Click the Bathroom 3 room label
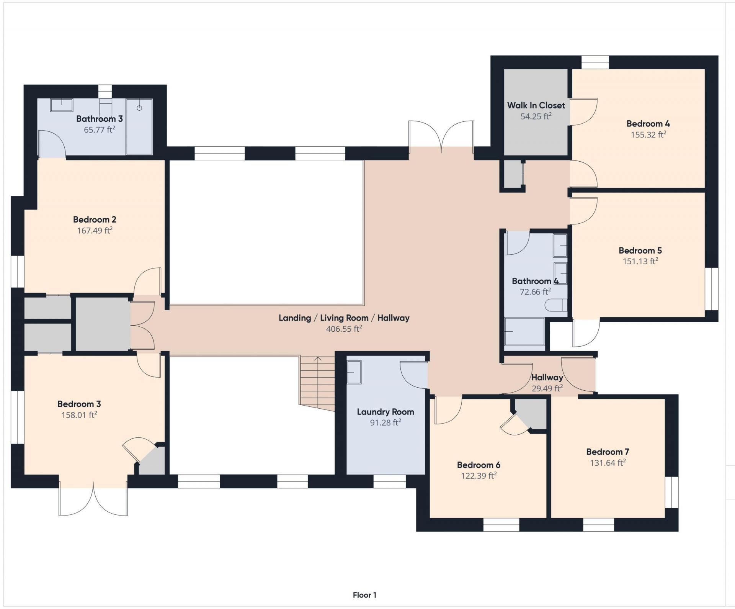99,119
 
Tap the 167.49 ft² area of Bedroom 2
95,231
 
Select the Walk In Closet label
536,105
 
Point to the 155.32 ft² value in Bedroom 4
648,135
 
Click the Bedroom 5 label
640,250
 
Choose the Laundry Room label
385,412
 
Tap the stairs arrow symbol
318,360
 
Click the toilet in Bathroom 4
555,305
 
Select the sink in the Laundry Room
354,372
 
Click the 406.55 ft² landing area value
344,329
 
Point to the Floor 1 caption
364,595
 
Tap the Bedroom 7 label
608,452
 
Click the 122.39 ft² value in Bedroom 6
479,476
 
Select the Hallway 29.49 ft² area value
547,388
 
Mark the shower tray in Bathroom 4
524,332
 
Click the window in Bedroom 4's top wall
595,62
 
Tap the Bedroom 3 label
79,404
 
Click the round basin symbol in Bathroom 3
139,108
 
